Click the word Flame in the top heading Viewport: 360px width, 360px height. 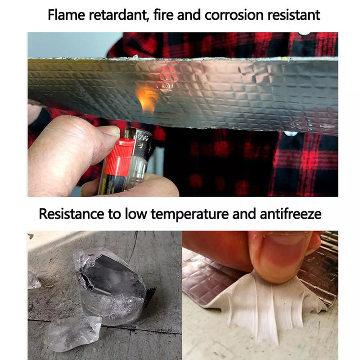click(x=66, y=15)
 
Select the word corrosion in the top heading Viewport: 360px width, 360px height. click(x=234, y=15)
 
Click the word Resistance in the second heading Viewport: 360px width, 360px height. click(x=72, y=214)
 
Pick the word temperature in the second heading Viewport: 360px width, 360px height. click(x=190, y=214)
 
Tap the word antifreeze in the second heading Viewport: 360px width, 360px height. click(x=290, y=214)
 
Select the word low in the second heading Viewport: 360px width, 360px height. click(x=136, y=214)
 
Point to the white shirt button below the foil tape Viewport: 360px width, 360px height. click(x=291, y=134)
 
